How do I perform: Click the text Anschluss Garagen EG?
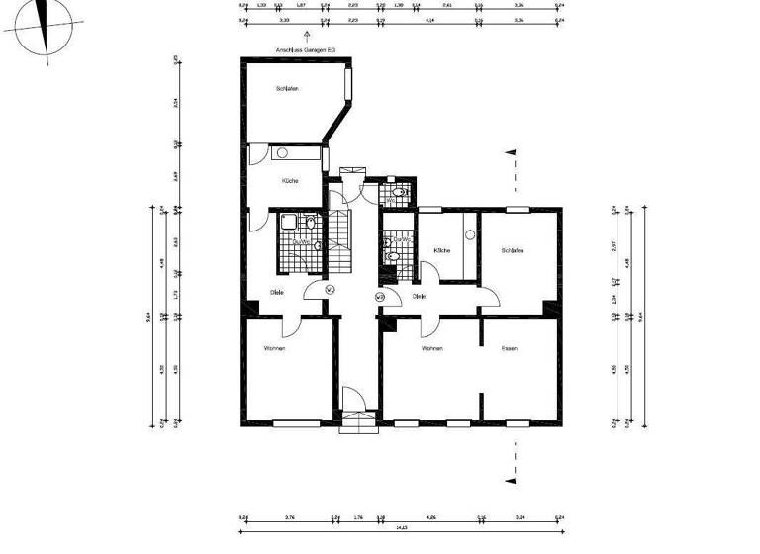pos(306,49)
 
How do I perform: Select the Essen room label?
pos(510,349)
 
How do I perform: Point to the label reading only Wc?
pos(390,200)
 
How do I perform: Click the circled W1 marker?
pos(331,289)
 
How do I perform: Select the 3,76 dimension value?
pos(289,516)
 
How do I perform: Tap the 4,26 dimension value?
pos(430,516)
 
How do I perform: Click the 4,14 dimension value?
pos(430,19)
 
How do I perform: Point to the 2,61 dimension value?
pos(447,5)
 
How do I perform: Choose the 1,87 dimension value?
pos(301,5)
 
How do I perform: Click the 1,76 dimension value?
pos(358,516)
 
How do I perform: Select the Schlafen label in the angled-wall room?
pos(287,89)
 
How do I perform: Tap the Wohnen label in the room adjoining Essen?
pos(431,349)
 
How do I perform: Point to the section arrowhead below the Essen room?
pos(511,480)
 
